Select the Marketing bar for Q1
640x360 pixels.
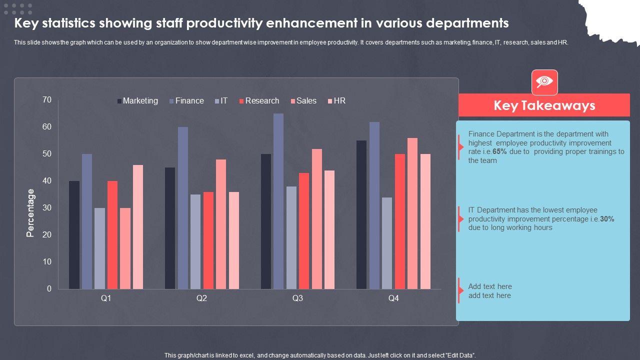[74, 235]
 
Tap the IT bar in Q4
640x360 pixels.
[387, 243]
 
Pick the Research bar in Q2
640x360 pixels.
[208, 240]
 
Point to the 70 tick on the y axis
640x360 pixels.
[47, 100]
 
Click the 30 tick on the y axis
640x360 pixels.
[47, 208]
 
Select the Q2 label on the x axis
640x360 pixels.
[201, 298]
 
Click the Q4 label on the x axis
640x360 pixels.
[393, 298]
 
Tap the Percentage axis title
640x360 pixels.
[31, 213]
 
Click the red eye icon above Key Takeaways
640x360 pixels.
[544, 82]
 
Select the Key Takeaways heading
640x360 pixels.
[544, 105]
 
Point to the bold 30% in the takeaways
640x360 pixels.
[607, 219]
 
